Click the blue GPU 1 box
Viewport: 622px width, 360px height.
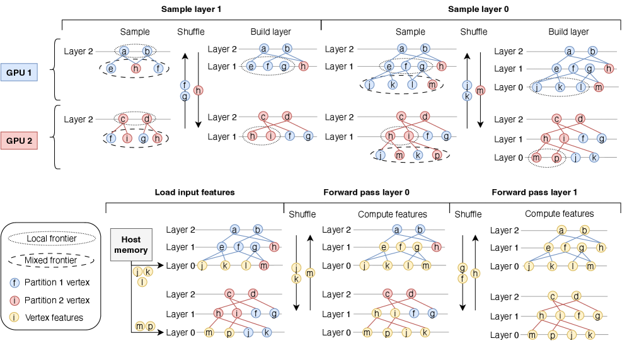(19, 73)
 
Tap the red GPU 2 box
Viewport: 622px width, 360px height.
(19, 140)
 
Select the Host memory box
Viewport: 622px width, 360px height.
(131, 245)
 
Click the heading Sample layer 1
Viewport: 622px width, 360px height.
(191, 9)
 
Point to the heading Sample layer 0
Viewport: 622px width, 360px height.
(478, 9)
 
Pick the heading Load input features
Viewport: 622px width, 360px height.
(195, 192)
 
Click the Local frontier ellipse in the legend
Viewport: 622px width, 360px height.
(52, 239)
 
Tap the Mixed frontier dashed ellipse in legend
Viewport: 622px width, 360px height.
(52, 259)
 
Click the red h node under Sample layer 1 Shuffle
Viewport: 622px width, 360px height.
(198, 91)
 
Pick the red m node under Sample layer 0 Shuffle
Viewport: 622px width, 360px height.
(480, 91)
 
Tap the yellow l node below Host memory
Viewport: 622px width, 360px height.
(142, 282)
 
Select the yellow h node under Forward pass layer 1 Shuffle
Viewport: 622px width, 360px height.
(475, 273)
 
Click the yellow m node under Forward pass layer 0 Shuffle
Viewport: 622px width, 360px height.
(309, 273)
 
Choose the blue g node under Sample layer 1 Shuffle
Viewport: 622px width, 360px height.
(185, 96)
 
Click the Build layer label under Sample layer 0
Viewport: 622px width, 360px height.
(568, 32)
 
